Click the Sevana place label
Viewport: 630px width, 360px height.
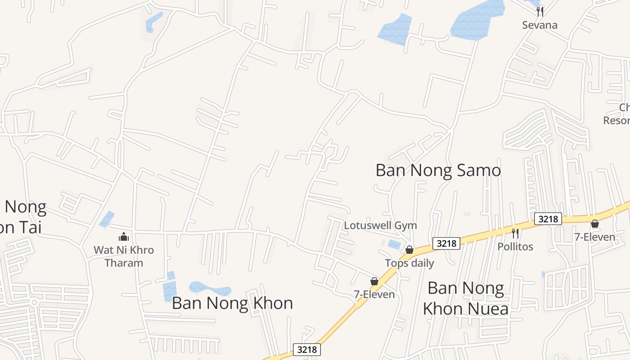pos(540,25)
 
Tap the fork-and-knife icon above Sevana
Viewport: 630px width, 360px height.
pos(540,11)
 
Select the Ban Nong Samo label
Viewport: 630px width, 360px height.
pos(438,170)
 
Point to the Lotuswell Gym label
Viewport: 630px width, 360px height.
pos(380,225)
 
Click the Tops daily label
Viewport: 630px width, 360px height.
pos(409,263)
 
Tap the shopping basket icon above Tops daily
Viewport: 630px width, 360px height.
pos(409,249)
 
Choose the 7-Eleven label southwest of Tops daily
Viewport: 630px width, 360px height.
pos(374,294)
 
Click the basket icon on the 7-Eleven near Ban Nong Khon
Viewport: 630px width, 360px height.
pos(374,281)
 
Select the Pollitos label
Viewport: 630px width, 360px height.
pos(515,246)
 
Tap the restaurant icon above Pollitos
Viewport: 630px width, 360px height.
pos(515,233)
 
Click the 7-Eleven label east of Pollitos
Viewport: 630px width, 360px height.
pos(594,237)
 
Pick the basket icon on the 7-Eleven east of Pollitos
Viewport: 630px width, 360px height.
pos(594,224)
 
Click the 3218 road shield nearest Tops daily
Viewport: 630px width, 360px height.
pos(446,243)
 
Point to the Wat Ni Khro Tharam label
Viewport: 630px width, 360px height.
pos(124,256)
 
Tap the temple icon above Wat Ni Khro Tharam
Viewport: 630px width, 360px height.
pos(124,237)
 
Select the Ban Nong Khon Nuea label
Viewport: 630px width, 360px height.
pos(466,298)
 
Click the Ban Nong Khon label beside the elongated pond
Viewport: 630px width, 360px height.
pos(232,303)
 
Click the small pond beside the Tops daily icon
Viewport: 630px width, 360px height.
pos(394,244)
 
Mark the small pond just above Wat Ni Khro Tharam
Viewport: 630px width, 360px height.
pos(107,219)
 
